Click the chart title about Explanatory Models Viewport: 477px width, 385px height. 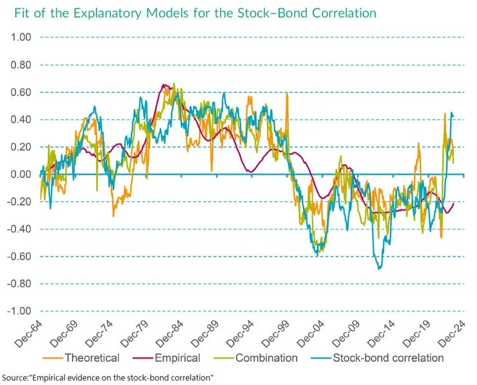point(191,13)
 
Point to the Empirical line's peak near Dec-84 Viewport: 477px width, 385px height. point(163,84)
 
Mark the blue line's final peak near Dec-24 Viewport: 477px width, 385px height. point(451,114)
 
